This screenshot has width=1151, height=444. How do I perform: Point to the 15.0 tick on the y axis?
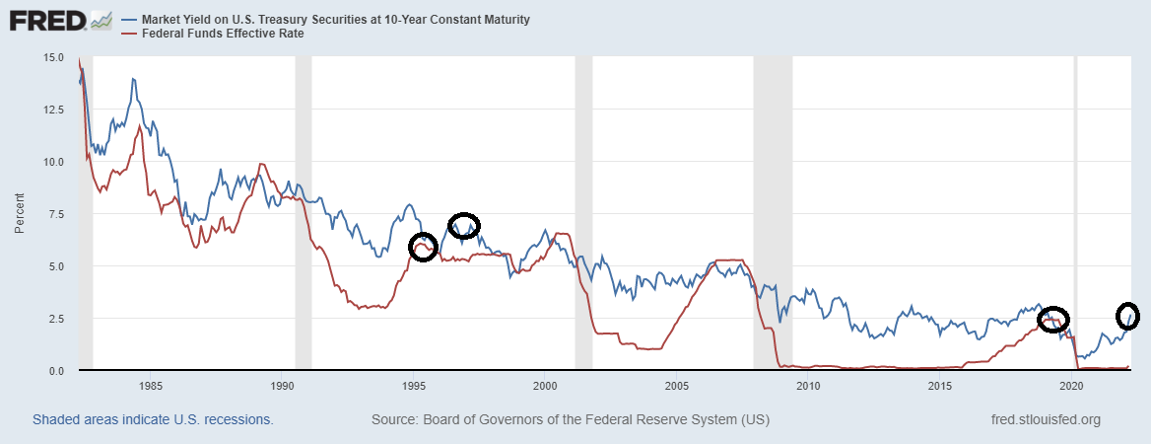click(x=53, y=58)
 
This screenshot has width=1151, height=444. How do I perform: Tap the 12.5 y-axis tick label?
click(x=53, y=110)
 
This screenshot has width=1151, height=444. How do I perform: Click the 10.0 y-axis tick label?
click(x=53, y=162)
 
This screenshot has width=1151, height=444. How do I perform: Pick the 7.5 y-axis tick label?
click(x=57, y=214)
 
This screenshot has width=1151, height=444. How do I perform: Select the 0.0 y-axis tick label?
click(x=57, y=370)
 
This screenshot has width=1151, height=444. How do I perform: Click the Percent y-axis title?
click(x=21, y=214)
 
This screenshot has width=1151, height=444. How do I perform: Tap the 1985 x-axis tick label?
click(x=150, y=385)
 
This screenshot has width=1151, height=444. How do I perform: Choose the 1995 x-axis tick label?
click(x=414, y=385)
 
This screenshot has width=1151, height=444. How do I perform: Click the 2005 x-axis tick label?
click(x=677, y=385)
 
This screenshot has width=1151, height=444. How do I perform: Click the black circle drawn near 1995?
click(x=423, y=247)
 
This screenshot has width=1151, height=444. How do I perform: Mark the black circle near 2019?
click(x=1053, y=319)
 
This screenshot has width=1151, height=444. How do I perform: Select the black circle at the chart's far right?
click(x=1128, y=316)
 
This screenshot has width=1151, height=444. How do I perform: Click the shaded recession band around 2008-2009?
click(x=773, y=212)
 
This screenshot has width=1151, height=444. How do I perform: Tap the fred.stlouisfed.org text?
click(x=1046, y=419)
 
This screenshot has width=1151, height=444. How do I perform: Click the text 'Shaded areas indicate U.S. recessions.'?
click(x=153, y=419)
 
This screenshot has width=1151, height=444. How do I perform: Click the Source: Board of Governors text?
click(x=571, y=419)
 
